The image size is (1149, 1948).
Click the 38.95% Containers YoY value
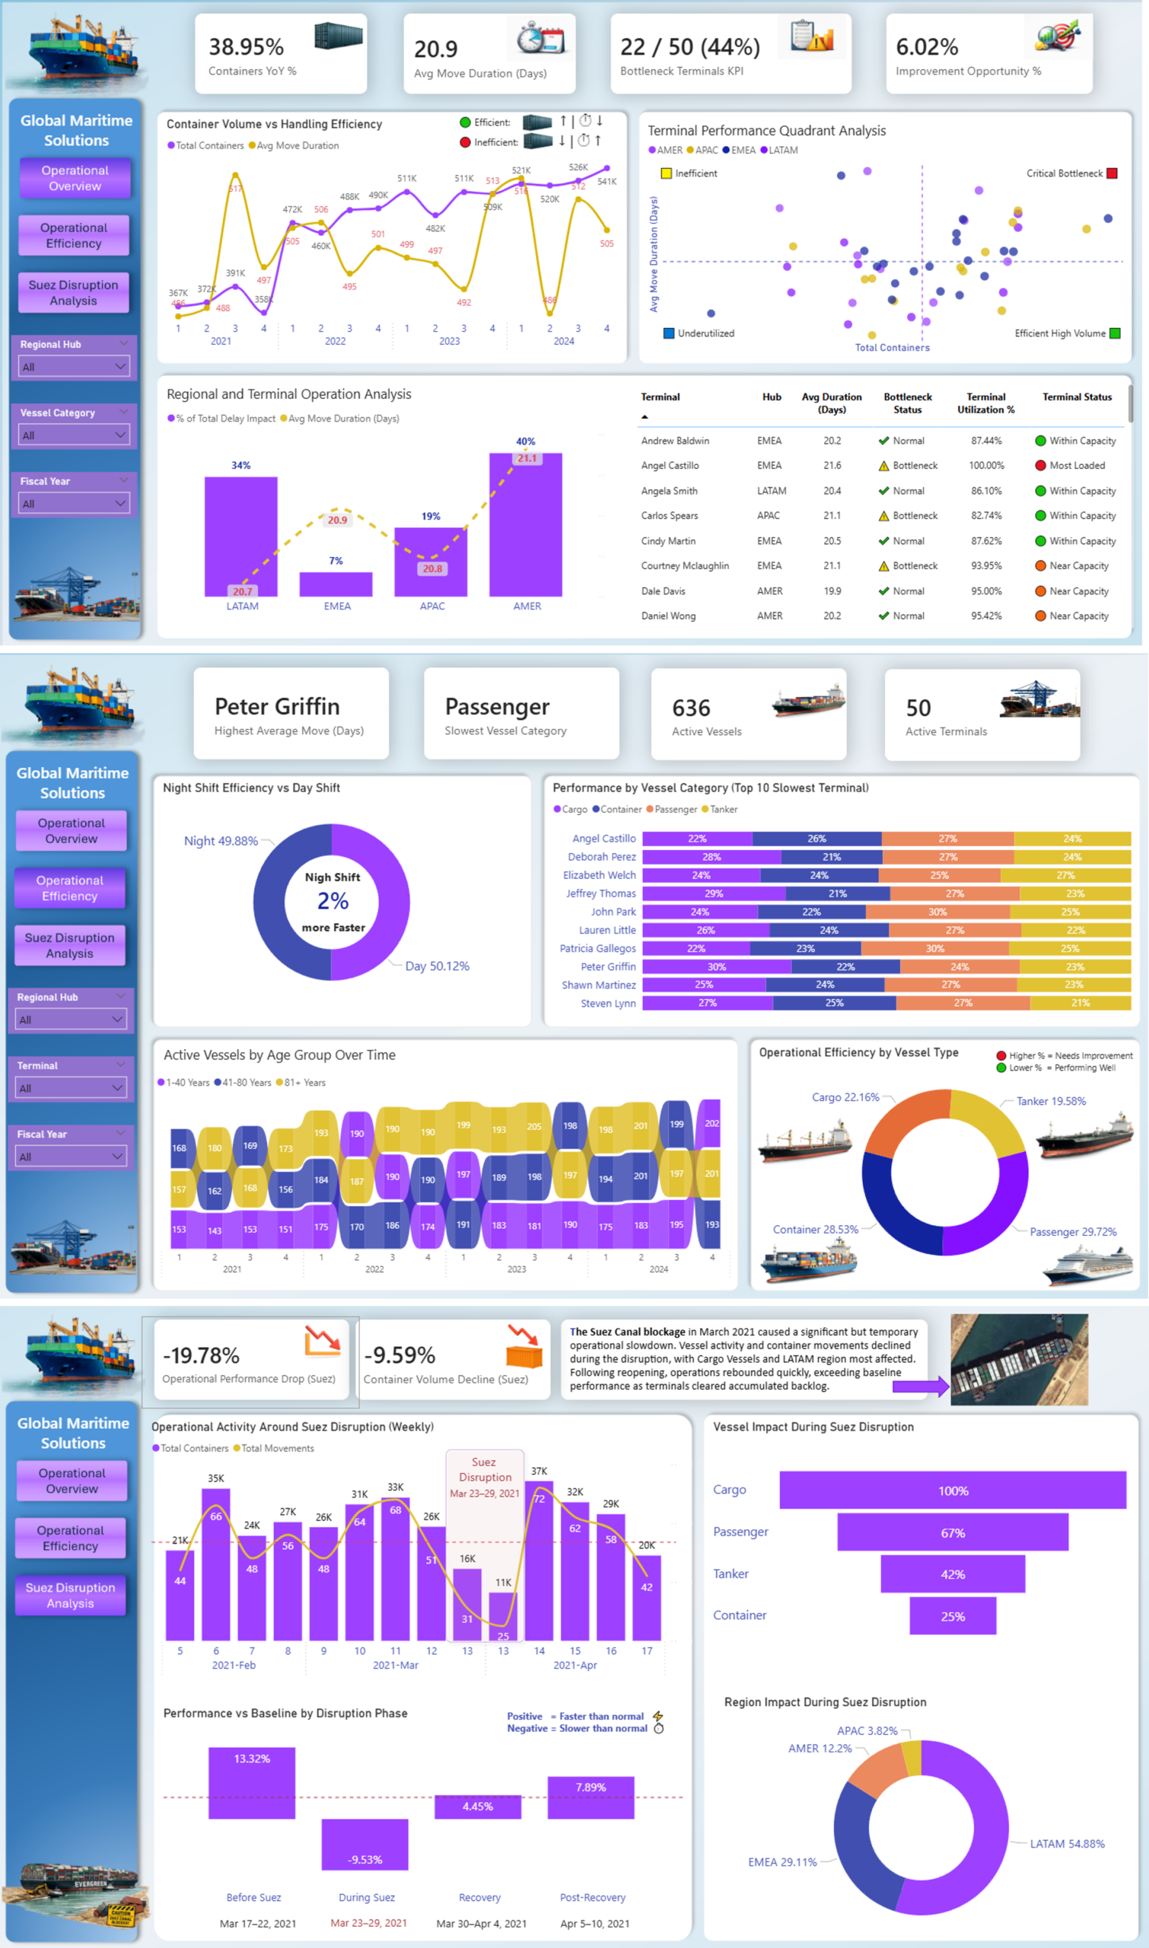(x=247, y=47)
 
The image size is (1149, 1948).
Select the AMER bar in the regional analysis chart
(x=525, y=527)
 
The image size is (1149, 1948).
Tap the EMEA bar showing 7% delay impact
(x=336, y=584)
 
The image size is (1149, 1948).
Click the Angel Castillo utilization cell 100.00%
(x=985, y=466)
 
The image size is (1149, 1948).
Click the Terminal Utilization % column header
(x=985, y=403)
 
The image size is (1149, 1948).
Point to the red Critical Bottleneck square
(x=1111, y=173)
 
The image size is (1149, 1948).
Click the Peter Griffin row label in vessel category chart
(x=608, y=966)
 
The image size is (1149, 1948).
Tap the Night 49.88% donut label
(x=221, y=841)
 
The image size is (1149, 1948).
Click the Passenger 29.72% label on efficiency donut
(x=1072, y=1232)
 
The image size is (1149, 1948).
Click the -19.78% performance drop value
(x=202, y=1355)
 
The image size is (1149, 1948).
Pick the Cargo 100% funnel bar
(x=952, y=1491)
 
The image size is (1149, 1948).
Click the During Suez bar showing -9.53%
(x=364, y=1845)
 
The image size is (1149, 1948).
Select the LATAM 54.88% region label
(x=1066, y=1844)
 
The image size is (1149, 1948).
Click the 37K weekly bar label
(x=539, y=1471)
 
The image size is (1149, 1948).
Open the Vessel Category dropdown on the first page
(x=74, y=435)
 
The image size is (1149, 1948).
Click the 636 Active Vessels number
(x=691, y=708)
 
